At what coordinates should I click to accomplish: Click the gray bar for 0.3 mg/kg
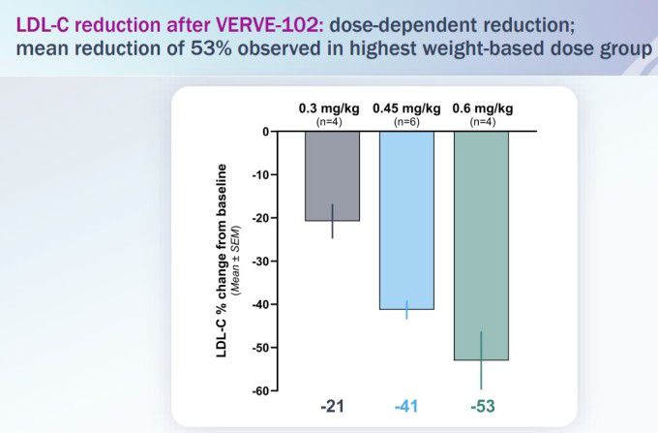coord(332,176)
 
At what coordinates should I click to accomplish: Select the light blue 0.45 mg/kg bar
coord(406,220)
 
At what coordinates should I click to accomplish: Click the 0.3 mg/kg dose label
coord(332,108)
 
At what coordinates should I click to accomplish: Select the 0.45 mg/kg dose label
coord(406,108)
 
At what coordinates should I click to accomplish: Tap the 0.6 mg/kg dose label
coord(482,108)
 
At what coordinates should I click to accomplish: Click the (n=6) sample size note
coord(406,121)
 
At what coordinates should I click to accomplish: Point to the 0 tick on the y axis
coord(265,132)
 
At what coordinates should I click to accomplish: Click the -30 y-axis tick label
coord(258,262)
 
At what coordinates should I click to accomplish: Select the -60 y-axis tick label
coord(258,390)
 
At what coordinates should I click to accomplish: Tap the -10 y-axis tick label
coord(258,175)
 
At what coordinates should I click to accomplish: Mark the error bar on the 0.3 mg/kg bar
coord(333,221)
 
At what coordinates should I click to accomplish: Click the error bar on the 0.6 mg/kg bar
coord(481,360)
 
